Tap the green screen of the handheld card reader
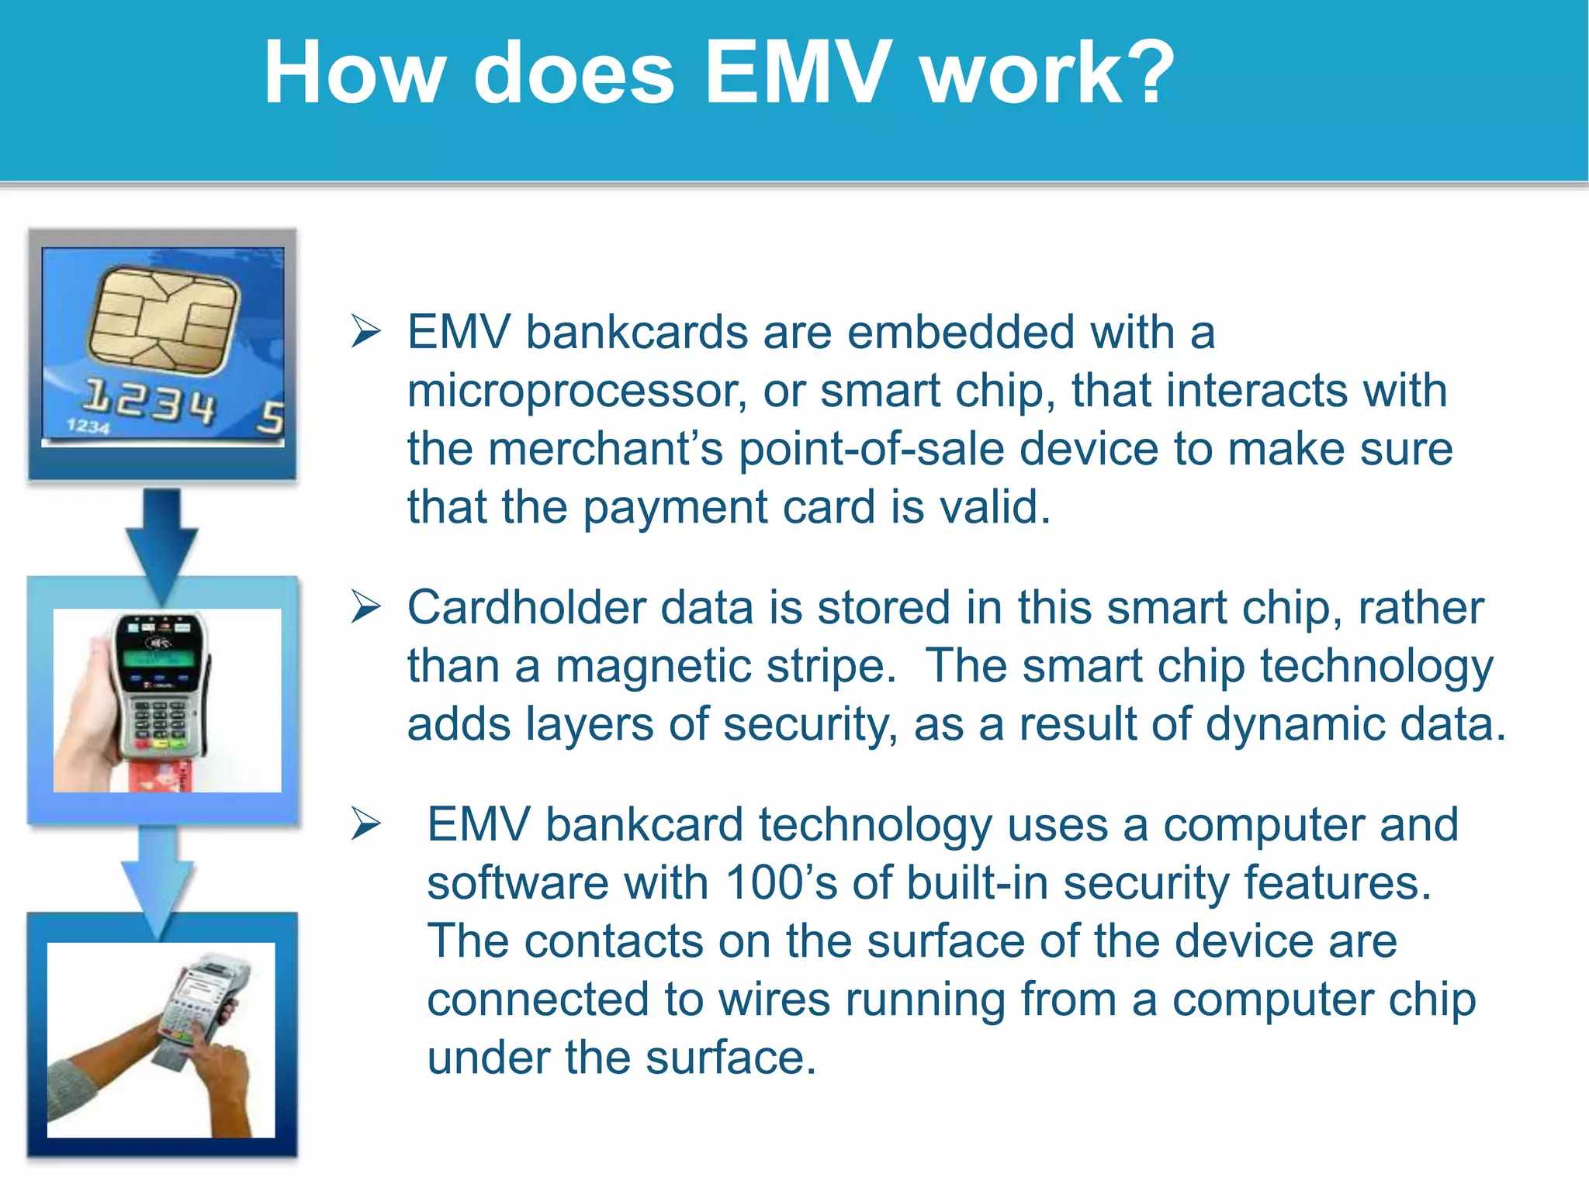point(159,659)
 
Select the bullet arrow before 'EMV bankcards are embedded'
point(365,332)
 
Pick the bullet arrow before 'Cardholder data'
point(365,606)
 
